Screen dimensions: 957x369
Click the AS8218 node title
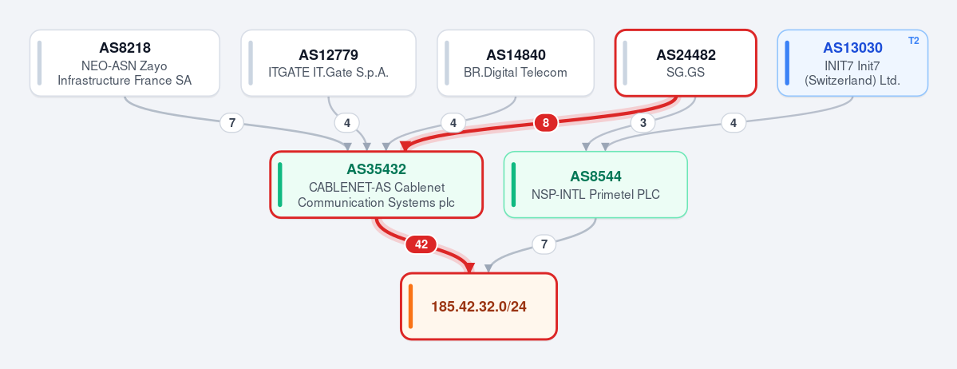tap(125, 48)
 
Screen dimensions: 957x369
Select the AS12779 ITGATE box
tap(328, 63)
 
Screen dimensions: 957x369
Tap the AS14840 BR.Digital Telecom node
tap(516, 63)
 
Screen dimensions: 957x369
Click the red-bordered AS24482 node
tap(686, 63)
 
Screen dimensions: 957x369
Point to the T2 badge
tap(914, 41)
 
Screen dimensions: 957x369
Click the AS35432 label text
tap(377, 169)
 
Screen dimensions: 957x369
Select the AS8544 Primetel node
tap(595, 184)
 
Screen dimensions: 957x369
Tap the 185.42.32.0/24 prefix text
tap(479, 307)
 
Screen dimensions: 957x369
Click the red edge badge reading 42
tap(421, 245)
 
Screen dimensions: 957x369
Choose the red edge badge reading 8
tap(546, 124)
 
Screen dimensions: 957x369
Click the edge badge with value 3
tap(643, 124)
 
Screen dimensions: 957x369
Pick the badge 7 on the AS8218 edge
tap(231, 124)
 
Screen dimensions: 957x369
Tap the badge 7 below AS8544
tap(544, 245)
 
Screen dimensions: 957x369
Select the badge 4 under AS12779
tap(346, 124)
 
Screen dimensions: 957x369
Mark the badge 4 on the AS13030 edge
tap(733, 124)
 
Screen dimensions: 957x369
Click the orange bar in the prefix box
tap(411, 307)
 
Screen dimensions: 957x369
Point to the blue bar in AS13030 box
tap(787, 63)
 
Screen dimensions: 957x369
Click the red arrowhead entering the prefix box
tap(470, 268)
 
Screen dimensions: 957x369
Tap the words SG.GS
tap(686, 72)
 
